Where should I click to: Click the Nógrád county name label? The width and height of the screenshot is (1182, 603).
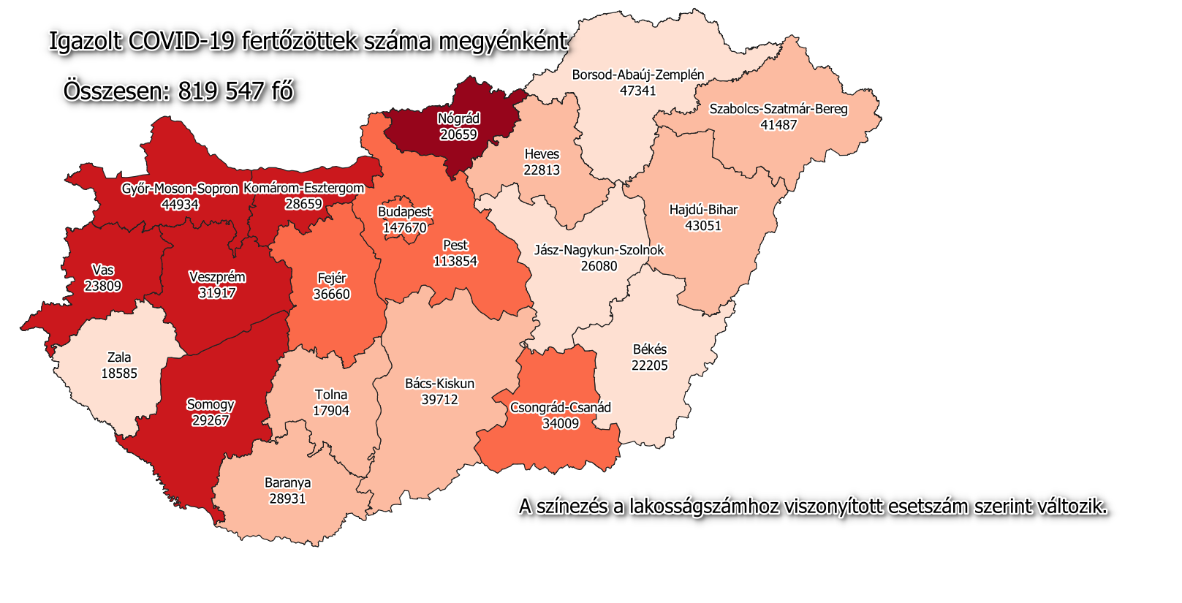(x=458, y=118)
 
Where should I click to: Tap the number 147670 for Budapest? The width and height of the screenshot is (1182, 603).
(x=404, y=227)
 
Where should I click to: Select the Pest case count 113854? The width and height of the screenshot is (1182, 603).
(x=455, y=261)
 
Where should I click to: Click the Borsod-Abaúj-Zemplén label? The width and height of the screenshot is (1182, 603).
(x=637, y=75)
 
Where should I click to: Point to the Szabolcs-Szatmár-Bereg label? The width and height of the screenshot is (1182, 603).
(x=778, y=109)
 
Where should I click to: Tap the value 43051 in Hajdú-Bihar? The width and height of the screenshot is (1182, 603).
(x=702, y=226)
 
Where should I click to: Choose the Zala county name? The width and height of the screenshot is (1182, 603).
(x=119, y=357)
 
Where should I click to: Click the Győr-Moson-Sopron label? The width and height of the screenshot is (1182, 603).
(x=180, y=189)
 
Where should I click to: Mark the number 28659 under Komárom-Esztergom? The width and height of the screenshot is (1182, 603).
(x=303, y=204)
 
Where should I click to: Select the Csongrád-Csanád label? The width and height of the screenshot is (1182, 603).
(x=560, y=407)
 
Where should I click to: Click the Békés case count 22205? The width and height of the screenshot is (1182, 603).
(x=649, y=365)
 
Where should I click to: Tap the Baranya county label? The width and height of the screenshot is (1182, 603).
(x=287, y=482)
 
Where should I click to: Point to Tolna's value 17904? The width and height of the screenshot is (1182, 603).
(x=330, y=411)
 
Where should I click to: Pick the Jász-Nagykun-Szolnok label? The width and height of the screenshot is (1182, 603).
(x=599, y=250)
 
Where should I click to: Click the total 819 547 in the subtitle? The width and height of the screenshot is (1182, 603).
(x=220, y=91)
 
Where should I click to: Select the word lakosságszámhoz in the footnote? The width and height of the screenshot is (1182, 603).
(x=704, y=507)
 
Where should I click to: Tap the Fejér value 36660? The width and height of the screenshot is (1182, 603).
(x=331, y=294)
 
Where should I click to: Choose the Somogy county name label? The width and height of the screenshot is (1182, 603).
(x=211, y=404)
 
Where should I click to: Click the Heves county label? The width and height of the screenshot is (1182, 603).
(x=542, y=154)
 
